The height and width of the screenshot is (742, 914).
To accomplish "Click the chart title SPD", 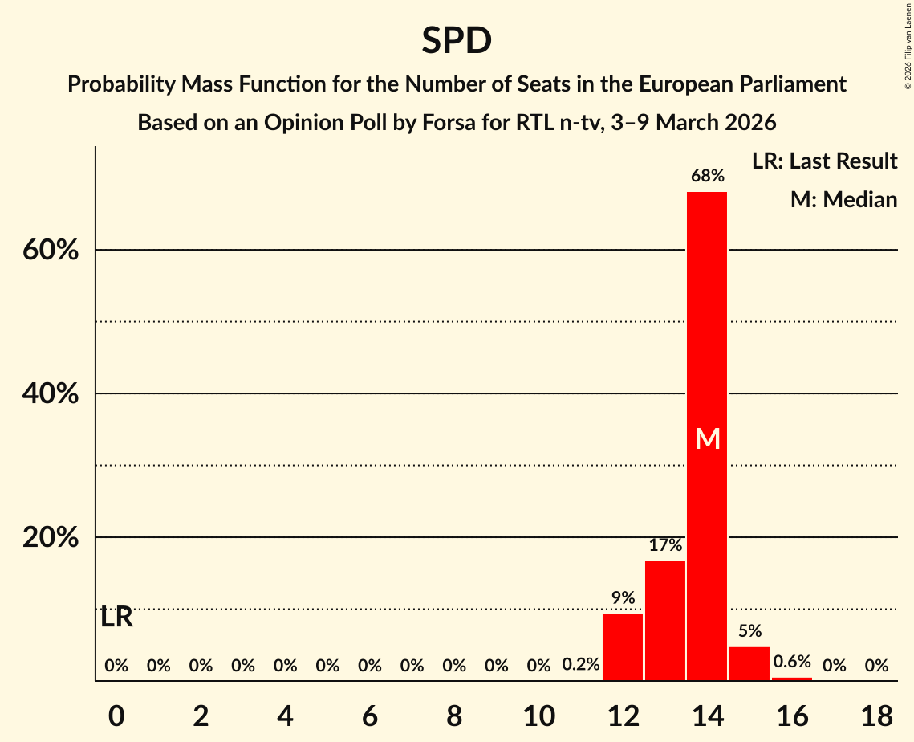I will point(457,40).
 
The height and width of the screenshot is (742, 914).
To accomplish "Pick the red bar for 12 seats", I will point(623,646).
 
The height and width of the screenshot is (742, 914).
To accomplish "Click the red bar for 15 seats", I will point(749,663).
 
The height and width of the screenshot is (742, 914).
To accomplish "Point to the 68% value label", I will point(707,176).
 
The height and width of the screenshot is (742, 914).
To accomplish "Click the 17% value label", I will point(665,545).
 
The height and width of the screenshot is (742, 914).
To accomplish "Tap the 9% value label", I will point(623,597).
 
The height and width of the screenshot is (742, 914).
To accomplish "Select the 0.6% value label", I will point(792,662).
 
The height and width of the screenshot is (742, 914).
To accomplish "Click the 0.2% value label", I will point(581,665).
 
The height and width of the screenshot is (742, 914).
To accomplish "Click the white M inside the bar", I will point(708,438).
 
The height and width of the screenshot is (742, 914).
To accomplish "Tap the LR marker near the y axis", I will point(117,618).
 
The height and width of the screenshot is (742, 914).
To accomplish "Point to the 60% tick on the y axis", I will point(51,251).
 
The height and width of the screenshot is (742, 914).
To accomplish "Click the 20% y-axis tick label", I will point(51,537).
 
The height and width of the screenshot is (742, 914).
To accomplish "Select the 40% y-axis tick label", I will point(51,394).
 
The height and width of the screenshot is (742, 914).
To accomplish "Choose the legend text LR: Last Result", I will point(824,161).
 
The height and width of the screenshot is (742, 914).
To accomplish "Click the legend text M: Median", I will point(843,199).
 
